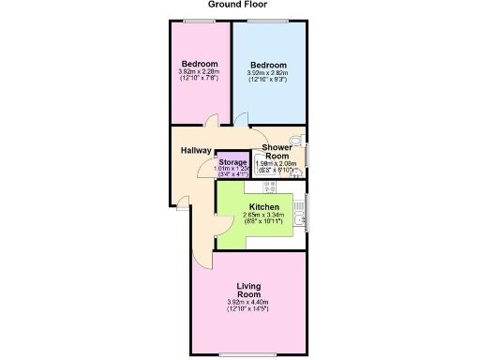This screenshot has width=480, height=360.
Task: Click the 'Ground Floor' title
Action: coord(241,6)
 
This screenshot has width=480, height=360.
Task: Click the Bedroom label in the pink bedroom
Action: coord(199,64)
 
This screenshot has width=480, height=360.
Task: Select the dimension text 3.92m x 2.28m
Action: coord(199,75)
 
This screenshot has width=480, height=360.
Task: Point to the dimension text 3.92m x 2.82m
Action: coord(268,76)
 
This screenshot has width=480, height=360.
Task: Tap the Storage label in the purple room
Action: coord(232,162)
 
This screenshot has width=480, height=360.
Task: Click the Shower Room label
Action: coord(277,152)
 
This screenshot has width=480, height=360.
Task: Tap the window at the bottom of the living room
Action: coord(248,354)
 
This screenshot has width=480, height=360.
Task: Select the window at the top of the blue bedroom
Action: coord(270,20)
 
